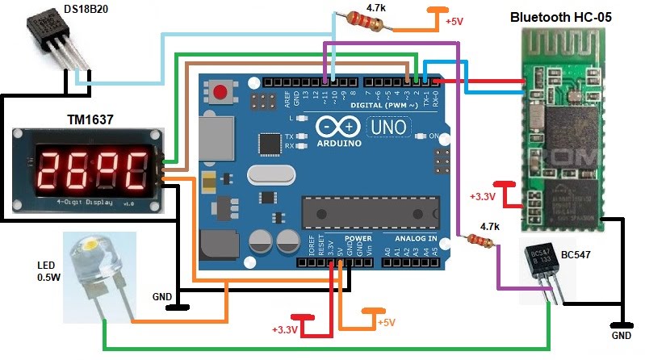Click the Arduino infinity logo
coord(337,127)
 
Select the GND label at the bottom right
coord(621,334)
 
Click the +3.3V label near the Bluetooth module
coord(484,196)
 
